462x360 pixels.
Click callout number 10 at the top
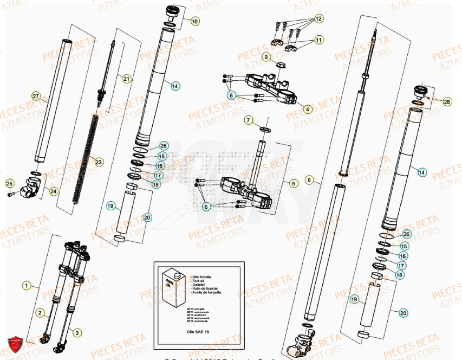click(194, 21)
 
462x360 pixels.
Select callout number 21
click(126, 79)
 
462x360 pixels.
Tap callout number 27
click(36, 97)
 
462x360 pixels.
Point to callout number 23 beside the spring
click(98, 162)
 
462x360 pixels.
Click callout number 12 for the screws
click(318, 18)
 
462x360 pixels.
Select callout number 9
click(266, 56)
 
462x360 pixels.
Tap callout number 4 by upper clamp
click(308, 109)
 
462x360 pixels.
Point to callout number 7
click(248, 119)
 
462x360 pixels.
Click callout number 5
click(293, 183)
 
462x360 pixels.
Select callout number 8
click(309, 179)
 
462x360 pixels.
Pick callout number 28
click(446, 101)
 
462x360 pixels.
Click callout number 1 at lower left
click(25, 284)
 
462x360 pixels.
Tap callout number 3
click(77, 332)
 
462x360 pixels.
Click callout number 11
click(318, 40)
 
